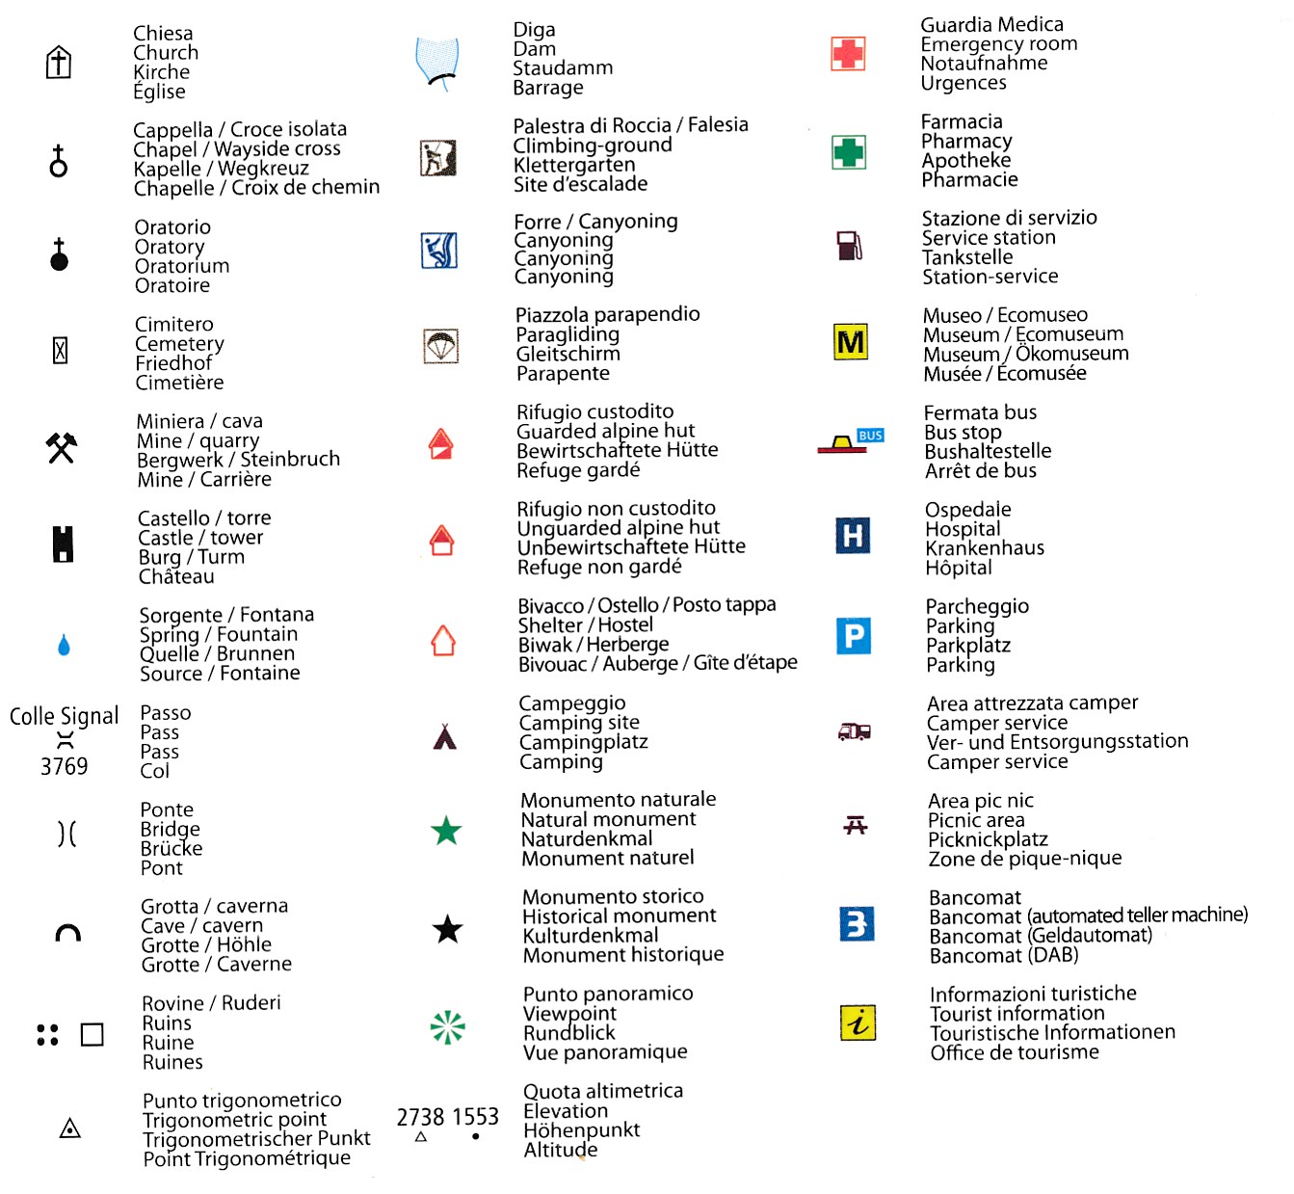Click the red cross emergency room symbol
[848, 53]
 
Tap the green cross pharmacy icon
[849, 151]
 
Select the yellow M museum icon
[851, 341]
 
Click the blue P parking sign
[854, 636]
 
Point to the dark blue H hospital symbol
[853, 535]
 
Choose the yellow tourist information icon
[858, 1022]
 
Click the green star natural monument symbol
[446, 831]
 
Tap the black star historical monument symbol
[447, 929]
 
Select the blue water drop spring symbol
[64, 645]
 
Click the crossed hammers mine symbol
[62, 447]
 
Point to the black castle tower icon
[63, 544]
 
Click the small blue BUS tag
[870, 436]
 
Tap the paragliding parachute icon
[441, 345]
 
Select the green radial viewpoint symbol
[447, 1027]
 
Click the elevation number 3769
[64, 766]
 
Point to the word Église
[159, 92]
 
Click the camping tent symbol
[444, 737]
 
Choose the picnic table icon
[856, 825]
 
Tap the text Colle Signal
[64, 716]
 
